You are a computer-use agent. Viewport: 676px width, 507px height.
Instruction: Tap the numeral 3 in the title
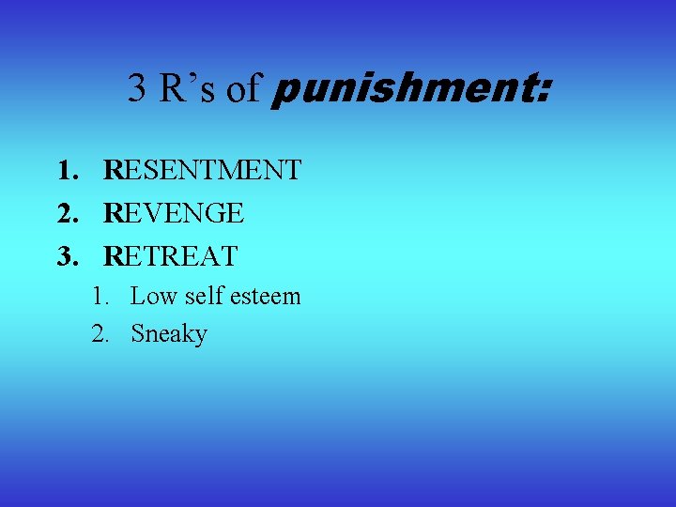pyautogui.click(x=137, y=88)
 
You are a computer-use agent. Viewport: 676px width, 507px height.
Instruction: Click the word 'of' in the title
pyautogui.click(x=243, y=88)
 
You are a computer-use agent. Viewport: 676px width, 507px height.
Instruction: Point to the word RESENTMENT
pyautogui.click(x=203, y=170)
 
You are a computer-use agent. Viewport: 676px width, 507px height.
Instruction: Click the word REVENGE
pyautogui.click(x=174, y=213)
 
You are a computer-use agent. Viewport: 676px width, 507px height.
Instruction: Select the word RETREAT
pyautogui.click(x=171, y=255)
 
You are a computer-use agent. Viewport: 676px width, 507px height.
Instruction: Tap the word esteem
pyautogui.click(x=267, y=296)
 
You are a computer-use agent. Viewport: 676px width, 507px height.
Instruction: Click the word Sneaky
pyautogui.click(x=169, y=333)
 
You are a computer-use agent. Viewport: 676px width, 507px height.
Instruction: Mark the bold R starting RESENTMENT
pyautogui.click(x=113, y=170)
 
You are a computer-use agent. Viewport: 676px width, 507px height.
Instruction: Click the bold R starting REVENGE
pyautogui.click(x=113, y=213)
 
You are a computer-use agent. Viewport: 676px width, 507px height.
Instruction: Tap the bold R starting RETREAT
pyautogui.click(x=113, y=255)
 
